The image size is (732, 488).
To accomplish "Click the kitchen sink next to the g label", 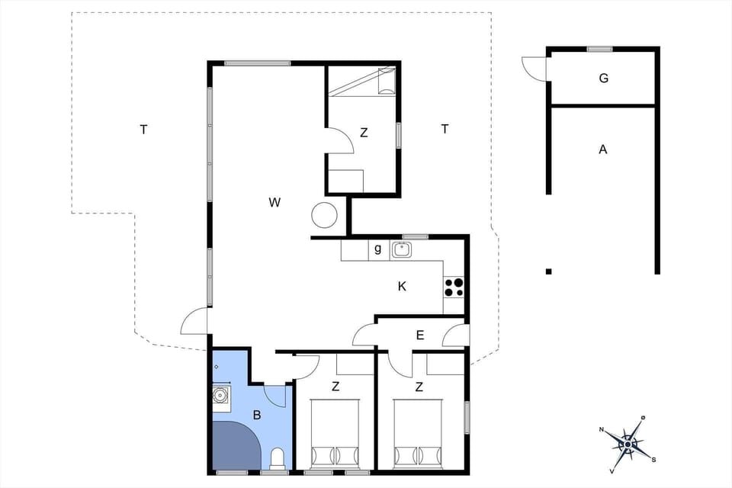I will point(402,249).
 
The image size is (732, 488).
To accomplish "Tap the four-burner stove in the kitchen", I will point(454,287).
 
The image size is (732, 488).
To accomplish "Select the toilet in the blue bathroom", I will point(278,459).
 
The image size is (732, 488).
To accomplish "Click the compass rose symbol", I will point(628,442).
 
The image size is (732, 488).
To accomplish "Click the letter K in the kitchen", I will point(402,287).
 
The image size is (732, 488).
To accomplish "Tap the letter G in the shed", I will point(603,78).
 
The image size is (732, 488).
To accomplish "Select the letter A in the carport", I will point(602,149).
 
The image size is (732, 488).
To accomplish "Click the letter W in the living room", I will point(274,202).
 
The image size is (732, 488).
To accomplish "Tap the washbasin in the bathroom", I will point(220,396).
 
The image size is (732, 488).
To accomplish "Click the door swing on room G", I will point(533,68).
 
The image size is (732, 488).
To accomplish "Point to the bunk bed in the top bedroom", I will point(362,81).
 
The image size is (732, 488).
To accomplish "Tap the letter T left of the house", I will point(143,130).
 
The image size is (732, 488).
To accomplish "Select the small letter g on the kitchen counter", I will point(377,249).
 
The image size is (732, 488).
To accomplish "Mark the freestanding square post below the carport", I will point(548,271).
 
